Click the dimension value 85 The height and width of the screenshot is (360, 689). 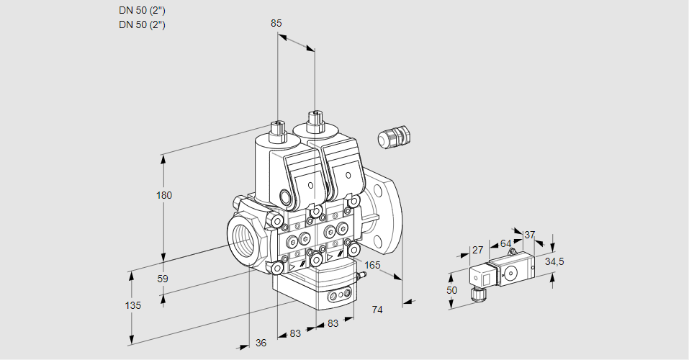(276, 23)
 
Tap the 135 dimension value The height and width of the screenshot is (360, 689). (132, 305)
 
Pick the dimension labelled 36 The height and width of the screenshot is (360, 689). (261, 343)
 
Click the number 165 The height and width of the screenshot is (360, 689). (371, 266)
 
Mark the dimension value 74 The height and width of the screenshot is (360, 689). (377, 310)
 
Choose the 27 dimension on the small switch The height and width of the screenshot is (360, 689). (477, 250)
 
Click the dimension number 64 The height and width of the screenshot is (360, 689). (505, 243)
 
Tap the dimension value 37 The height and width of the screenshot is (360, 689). (530, 235)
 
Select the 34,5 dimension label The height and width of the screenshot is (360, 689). (554, 261)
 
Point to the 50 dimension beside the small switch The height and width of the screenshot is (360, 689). (451, 290)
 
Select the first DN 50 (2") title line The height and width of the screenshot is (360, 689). (143, 11)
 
